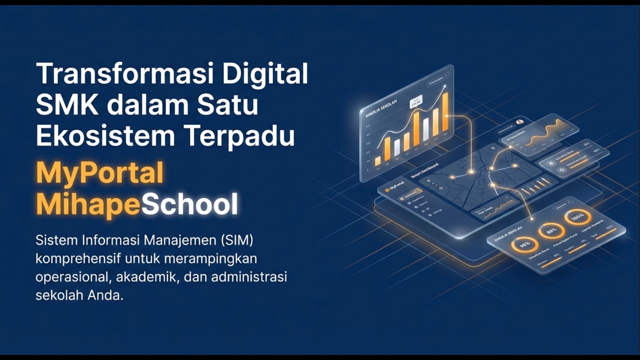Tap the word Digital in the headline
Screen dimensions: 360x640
(x=265, y=74)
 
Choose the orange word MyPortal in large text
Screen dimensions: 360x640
(x=100, y=173)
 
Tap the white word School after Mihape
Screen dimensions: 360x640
(x=189, y=204)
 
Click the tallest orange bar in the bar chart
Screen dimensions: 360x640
(x=445, y=112)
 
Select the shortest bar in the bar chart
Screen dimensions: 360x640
(x=378, y=161)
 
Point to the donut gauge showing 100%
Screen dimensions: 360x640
(x=577, y=217)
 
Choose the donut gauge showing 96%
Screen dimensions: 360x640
(x=524, y=244)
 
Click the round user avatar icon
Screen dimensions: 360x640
(x=519, y=121)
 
